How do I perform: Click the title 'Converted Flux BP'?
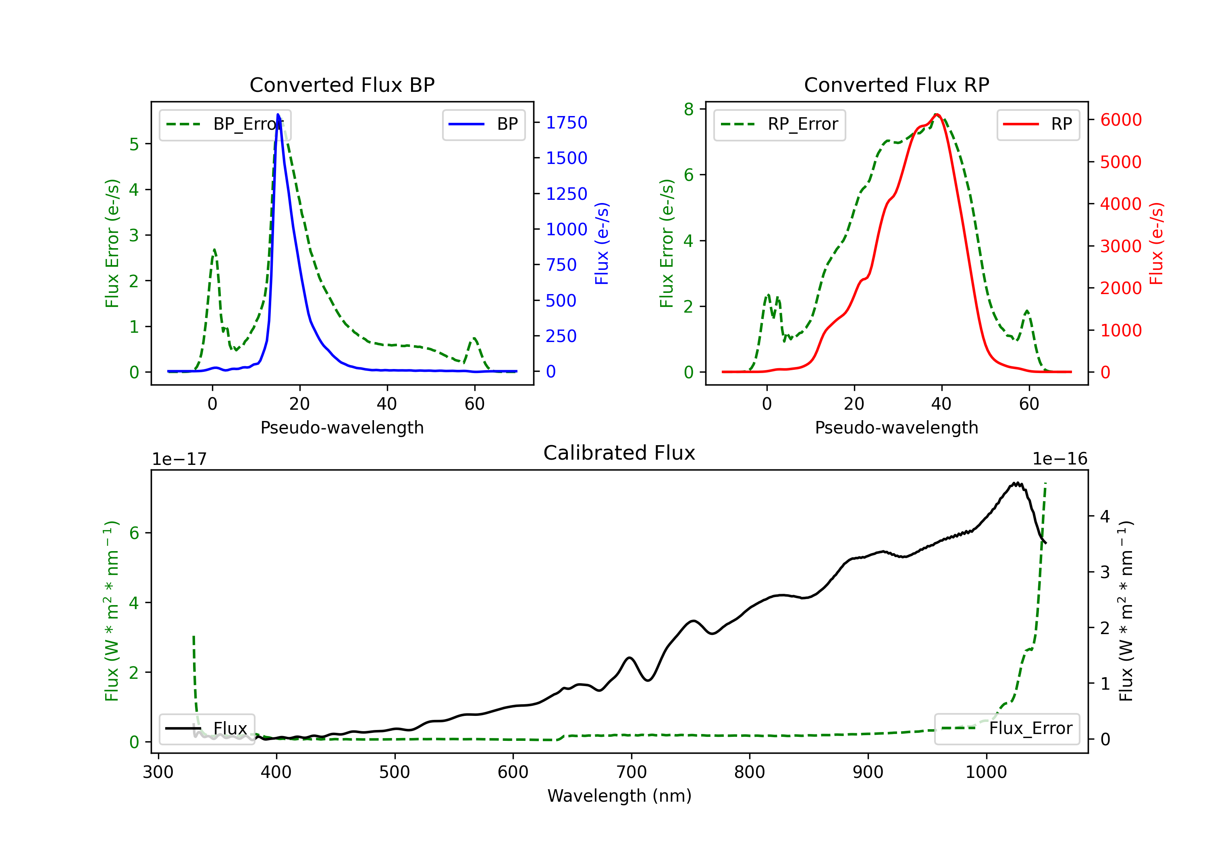point(342,85)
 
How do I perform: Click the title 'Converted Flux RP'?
point(896,85)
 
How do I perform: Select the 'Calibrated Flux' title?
point(619,453)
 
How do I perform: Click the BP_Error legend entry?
point(225,124)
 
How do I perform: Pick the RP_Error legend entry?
point(779,124)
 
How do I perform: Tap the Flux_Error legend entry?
point(1007,729)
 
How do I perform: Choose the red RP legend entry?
point(1038,124)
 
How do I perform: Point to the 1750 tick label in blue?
point(567,122)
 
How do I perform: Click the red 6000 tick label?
point(1121,120)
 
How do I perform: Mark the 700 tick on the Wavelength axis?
point(632,772)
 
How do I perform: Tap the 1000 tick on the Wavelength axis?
point(986,772)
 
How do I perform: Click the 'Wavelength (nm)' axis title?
point(619,796)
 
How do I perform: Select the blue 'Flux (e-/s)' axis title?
point(602,244)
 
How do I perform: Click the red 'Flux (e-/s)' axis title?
point(1156,244)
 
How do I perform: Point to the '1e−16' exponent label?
point(1059,459)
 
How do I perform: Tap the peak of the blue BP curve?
point(278,115)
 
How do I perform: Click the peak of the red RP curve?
point(937,115)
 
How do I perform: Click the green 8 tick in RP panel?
point(689,109)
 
